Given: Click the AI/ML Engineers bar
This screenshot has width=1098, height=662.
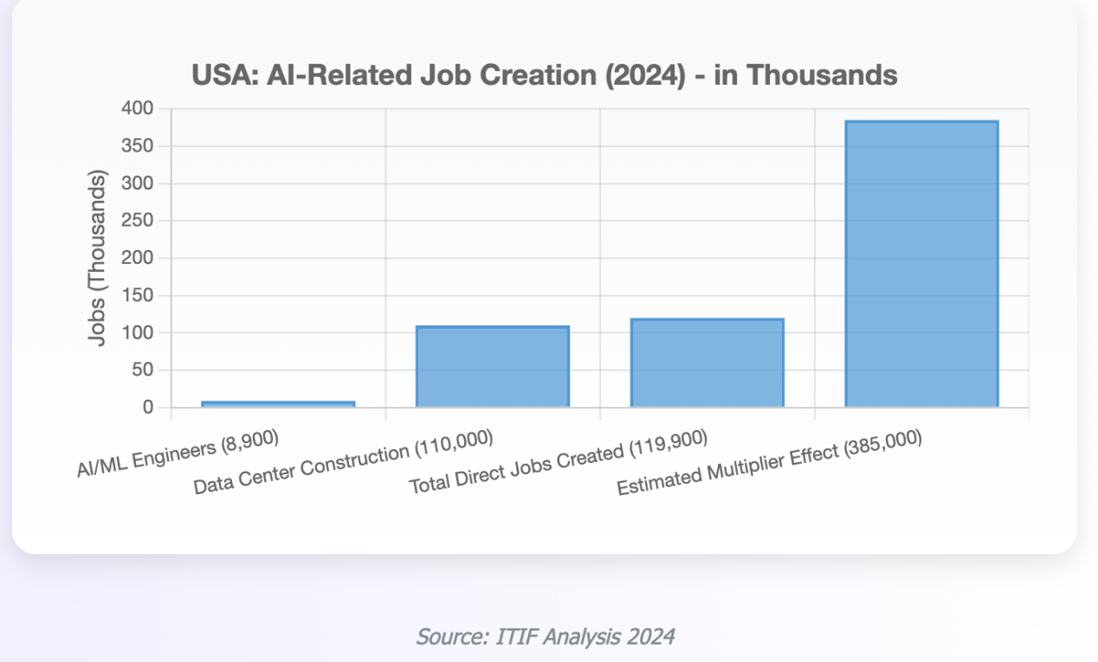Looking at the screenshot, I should click(278, 404).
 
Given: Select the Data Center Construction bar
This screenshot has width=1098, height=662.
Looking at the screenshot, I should click(492, 367).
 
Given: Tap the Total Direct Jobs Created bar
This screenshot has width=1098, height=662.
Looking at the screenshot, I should click(707, 363).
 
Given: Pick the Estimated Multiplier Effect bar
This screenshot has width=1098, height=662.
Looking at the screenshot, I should click(921, 264).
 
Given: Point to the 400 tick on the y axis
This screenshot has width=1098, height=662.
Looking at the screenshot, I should click(137, 109).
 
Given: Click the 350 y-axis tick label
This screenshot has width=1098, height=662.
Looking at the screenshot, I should click(137, 146).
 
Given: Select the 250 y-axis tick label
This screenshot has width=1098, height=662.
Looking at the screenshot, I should click(137, 221).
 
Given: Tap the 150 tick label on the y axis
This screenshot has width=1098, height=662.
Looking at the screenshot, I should click(137, 296).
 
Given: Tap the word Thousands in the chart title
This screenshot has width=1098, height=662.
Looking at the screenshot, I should click(821, 75).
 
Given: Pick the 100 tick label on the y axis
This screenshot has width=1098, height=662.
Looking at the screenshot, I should click(137, 333).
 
